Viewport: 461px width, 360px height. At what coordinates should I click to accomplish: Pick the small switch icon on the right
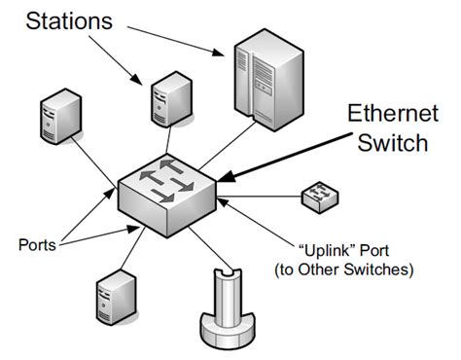(x=320, y=197)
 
